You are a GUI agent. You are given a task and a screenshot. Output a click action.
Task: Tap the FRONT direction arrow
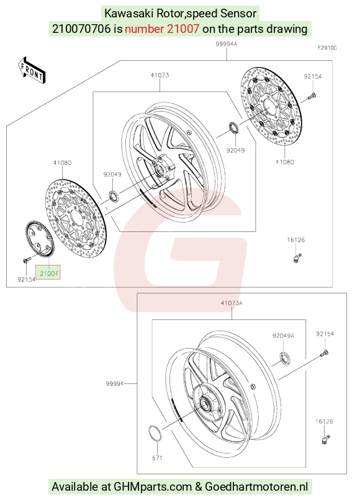[x=32, y=71]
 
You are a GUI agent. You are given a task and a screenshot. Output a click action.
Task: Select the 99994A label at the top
[x=227, y=44]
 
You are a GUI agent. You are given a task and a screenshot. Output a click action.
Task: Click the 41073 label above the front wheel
[x=160, y=75]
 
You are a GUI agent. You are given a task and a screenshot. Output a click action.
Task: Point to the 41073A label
[x=232, y=303]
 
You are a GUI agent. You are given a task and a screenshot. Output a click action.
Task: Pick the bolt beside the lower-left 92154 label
[x=27, y=260]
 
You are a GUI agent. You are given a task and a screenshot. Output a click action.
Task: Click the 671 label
[x=157, y=458]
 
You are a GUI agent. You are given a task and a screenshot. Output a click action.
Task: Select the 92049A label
[x=283, y=336]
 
